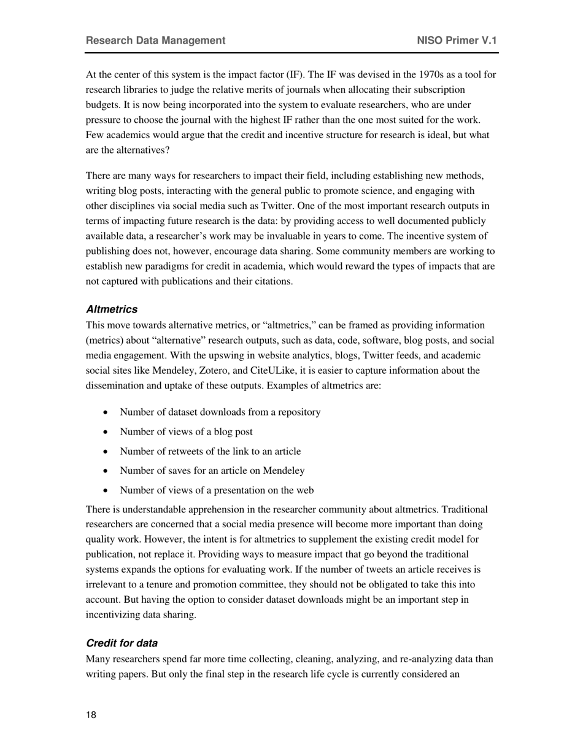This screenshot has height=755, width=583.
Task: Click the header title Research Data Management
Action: (155, 41)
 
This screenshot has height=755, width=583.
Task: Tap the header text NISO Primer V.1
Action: (457, 41)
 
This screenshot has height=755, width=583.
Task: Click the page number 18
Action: (91, 714)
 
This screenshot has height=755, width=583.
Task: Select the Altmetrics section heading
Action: (112, 309)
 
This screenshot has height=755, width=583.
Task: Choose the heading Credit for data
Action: (122, 643)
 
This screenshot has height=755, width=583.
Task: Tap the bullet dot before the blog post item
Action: (107, 432)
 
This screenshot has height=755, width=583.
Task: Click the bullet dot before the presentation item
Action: (107, 490)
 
